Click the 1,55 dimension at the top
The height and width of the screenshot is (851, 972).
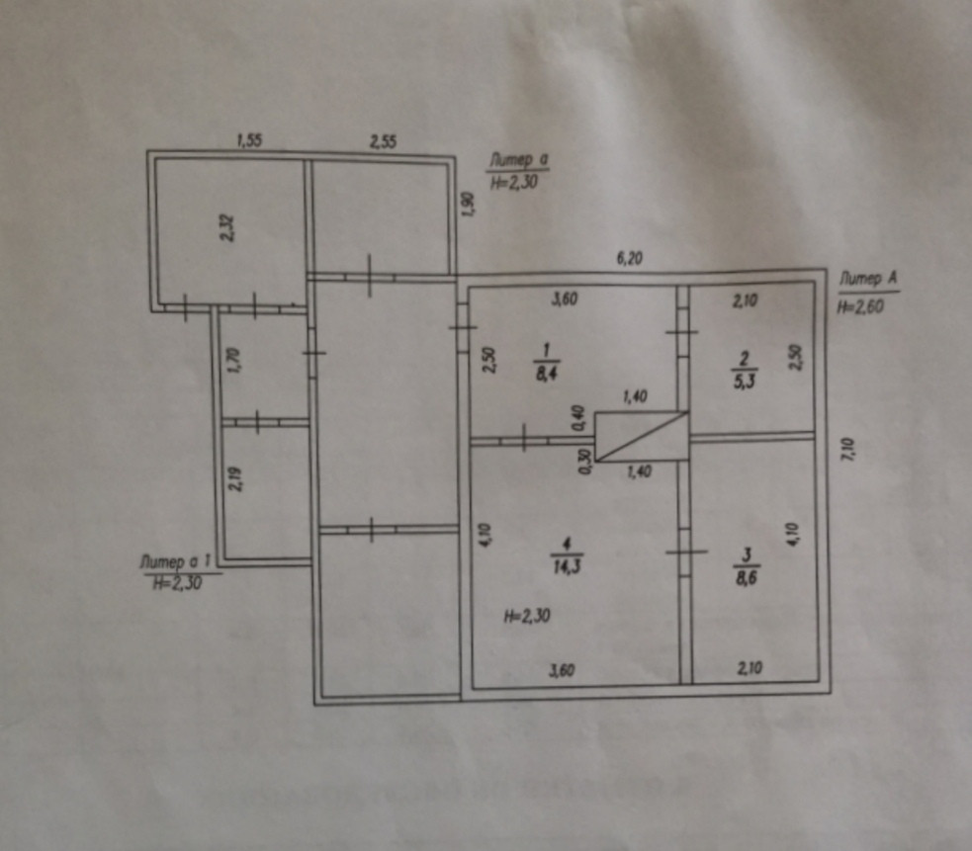pos(248,141)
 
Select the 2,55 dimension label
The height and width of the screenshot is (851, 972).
pos(384,142)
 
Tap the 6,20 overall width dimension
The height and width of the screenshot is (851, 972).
pos(630,259)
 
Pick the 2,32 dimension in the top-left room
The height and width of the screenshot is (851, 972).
pos(227,229)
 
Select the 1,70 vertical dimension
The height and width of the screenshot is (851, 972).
pos(233,357)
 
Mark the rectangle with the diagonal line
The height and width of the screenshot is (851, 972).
pos(641,437)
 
